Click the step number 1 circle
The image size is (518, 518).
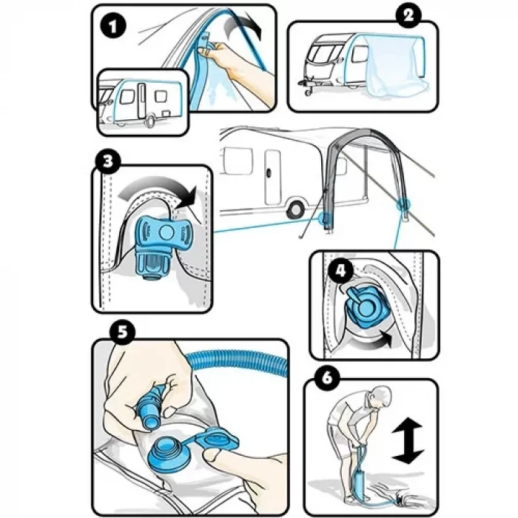pos(113,27)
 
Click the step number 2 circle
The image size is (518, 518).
pos(408,16)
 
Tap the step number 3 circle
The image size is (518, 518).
pos(108,162)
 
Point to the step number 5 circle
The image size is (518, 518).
pos(122,332)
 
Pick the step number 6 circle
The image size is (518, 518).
pos(327,378)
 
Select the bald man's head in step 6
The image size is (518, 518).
pos(380,398)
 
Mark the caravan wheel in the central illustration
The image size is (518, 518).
pos(295,209)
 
